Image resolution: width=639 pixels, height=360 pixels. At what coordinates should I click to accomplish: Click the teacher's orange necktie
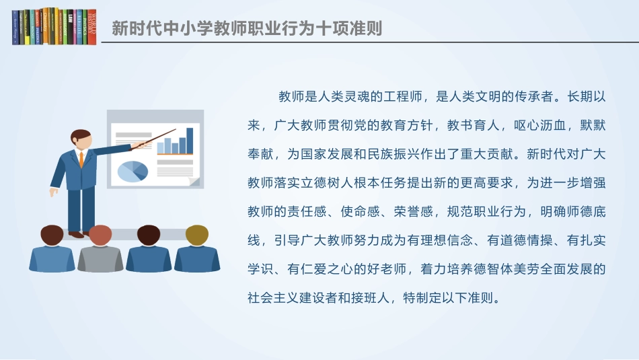[x=81, y=159]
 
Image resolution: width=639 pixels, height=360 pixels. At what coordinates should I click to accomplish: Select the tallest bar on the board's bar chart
[x=190, y=140]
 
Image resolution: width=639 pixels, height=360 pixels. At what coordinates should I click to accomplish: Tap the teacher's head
[x=81, y=139]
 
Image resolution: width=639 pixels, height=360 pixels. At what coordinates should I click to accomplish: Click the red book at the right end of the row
[x=91, y=27]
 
